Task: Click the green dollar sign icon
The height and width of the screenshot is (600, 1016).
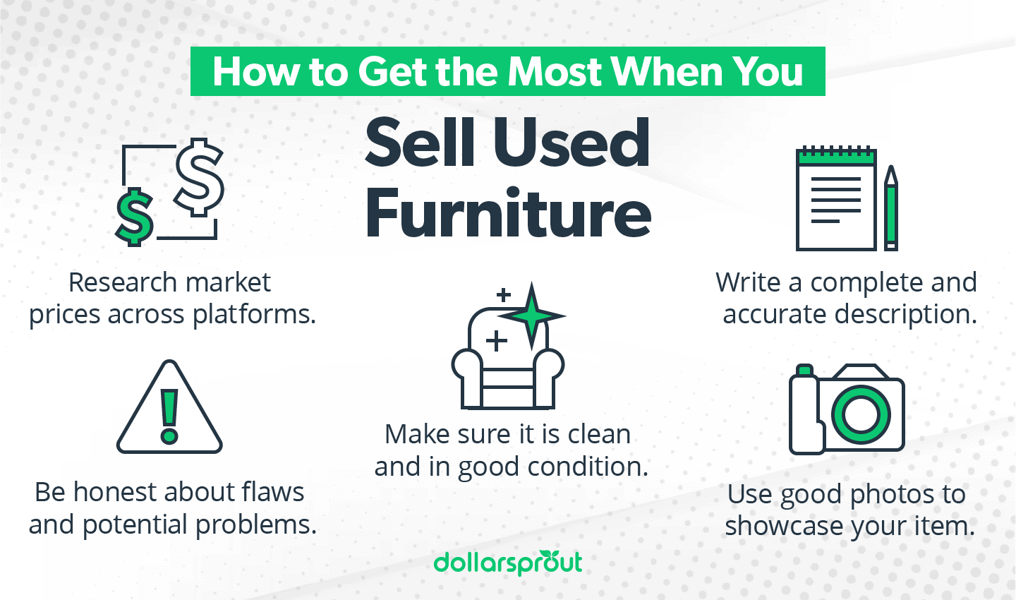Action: pos(134,216)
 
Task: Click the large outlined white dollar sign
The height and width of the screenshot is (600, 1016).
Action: pos(199,176)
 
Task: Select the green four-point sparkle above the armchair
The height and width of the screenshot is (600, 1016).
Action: pos(533,316)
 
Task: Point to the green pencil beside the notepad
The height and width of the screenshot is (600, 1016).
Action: pos(891,210)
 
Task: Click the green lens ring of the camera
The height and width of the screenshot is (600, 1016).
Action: pos(861,412)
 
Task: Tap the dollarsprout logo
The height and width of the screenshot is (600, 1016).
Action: pos(508,563)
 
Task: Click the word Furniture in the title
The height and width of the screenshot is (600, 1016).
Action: pos(508,213)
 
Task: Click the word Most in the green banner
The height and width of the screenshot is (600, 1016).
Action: pos(555,71)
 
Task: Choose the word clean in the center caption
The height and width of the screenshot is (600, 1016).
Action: pos(599,434)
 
